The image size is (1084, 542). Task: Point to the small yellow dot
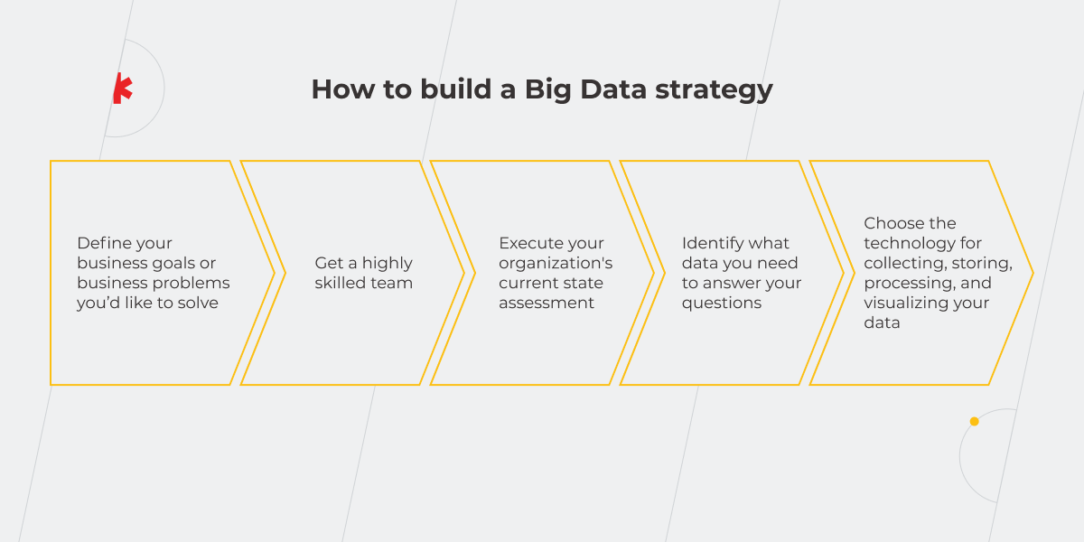point(974,421)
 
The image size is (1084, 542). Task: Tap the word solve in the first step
point(198,303)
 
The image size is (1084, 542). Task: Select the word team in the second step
point(393,283)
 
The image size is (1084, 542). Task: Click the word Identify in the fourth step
point(711,243)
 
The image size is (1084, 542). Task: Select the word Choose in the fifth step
point(892,223)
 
